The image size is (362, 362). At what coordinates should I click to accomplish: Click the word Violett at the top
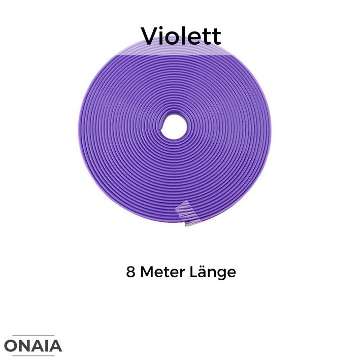(181, 36)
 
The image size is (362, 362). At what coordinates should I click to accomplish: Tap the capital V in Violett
(150, 36)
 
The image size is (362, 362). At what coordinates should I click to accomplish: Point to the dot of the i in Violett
(164, 28)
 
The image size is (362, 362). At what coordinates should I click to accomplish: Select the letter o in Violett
(176, 39)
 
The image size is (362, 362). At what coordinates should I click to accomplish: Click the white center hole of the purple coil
(174, 127)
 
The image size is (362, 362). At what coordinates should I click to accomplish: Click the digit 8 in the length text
(130, 272)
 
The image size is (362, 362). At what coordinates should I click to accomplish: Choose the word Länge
(213, 273)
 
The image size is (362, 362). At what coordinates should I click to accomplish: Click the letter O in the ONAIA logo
(10, 346)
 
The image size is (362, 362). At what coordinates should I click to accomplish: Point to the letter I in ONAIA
(45, 346)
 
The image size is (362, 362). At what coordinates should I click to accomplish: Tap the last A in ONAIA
(55, 346)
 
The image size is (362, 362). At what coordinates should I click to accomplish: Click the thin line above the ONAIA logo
(33, 335)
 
